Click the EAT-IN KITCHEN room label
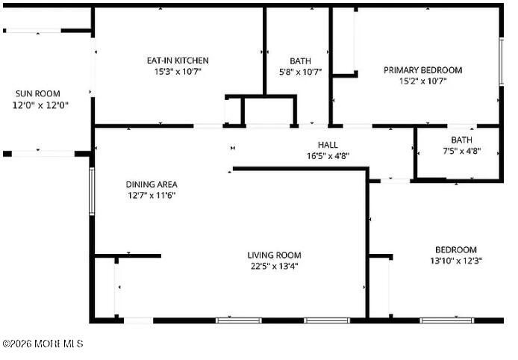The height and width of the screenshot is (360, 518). tap(177, 60)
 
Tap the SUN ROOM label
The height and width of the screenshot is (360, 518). tap(37, 93)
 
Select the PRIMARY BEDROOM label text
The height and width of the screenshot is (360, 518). tap(422, 70)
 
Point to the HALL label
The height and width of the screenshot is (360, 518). tap(328, 145)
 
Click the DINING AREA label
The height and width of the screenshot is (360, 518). tap(151, 184)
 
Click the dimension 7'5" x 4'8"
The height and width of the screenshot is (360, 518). tap(461, 151)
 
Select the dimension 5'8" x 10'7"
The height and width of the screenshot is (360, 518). tap(300, 72)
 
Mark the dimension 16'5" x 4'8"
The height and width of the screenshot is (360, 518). tap(328, 156)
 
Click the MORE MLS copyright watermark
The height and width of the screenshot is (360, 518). tap(43, 344)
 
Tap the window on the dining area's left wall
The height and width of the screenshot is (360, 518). tap(92, 193)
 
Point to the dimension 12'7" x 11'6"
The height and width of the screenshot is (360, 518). tap(151, 196)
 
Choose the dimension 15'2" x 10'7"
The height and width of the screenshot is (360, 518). tap(422, 81)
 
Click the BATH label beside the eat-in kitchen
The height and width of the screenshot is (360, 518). tap(300, 60)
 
